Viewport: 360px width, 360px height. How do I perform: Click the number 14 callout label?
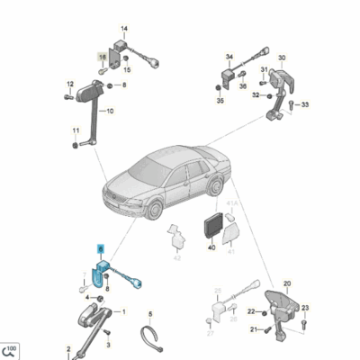123,31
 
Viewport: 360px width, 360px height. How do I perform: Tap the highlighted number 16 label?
102,56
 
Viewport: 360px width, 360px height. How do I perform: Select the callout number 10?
109,112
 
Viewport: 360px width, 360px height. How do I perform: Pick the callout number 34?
229,55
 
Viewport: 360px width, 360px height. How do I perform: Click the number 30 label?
281,57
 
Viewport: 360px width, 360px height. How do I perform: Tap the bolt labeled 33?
292,104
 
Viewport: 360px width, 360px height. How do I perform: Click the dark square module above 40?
213,225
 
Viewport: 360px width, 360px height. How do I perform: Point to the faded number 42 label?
176,257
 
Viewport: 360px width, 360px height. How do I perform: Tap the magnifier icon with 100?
12,350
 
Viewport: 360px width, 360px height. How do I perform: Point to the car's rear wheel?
214,186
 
